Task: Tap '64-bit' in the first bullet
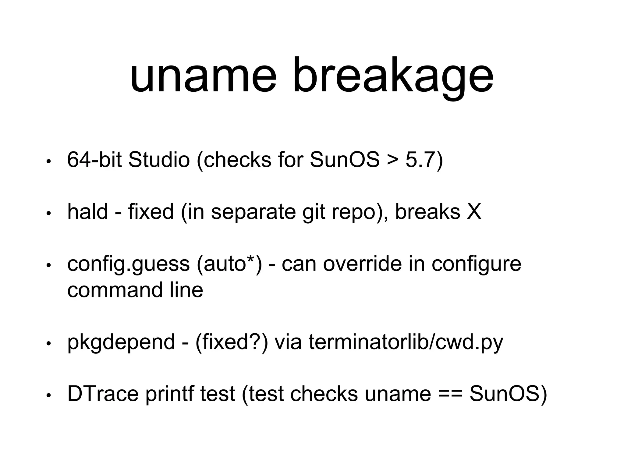[94, 160]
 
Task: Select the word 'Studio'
[159, 160]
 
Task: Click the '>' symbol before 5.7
[393, 160]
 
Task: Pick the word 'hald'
[87, 211]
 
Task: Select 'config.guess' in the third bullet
[128, 264]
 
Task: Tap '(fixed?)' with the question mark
[232, 342]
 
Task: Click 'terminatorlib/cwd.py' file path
[406, 342]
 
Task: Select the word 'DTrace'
[103, 394]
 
